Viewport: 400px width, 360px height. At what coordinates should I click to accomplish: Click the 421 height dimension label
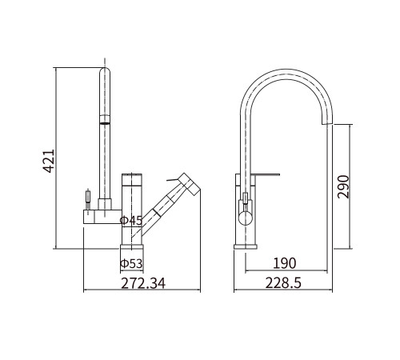49,161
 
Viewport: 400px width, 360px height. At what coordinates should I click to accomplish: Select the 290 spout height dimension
343,186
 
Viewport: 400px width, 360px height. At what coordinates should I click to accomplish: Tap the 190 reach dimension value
285,263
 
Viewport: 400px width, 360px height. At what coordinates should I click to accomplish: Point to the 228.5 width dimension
283,283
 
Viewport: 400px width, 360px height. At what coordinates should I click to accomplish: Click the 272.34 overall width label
143,283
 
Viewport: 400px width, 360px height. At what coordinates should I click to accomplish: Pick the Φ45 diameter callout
131,221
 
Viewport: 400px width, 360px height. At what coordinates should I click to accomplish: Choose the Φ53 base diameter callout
131,264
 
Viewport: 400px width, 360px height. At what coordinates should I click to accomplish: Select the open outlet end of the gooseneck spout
327,123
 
